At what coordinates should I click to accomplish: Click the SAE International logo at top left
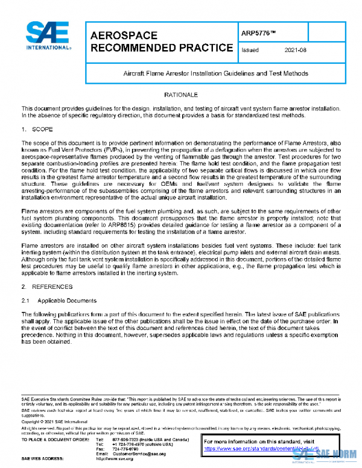click(x=46, y=37)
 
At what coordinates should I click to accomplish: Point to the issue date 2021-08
click(x=296, y=51)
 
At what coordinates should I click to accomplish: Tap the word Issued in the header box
click(x=250, y=51)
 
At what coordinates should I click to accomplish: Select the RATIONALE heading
click(x=181, y=95)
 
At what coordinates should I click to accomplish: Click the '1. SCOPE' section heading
click(x=38, y=129)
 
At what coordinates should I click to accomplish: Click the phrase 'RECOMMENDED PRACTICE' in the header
click(x=161, y=48)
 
